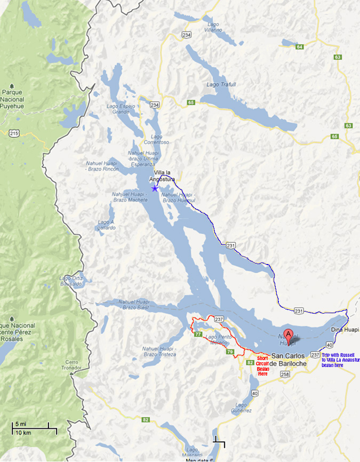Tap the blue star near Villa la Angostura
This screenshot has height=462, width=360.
tap(155, 188)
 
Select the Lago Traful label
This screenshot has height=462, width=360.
tap(221, 85)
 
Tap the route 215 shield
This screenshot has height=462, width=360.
tap(13, 132)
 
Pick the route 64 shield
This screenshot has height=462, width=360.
tap(300, 47)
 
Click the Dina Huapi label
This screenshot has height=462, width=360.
tap(342, 330)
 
